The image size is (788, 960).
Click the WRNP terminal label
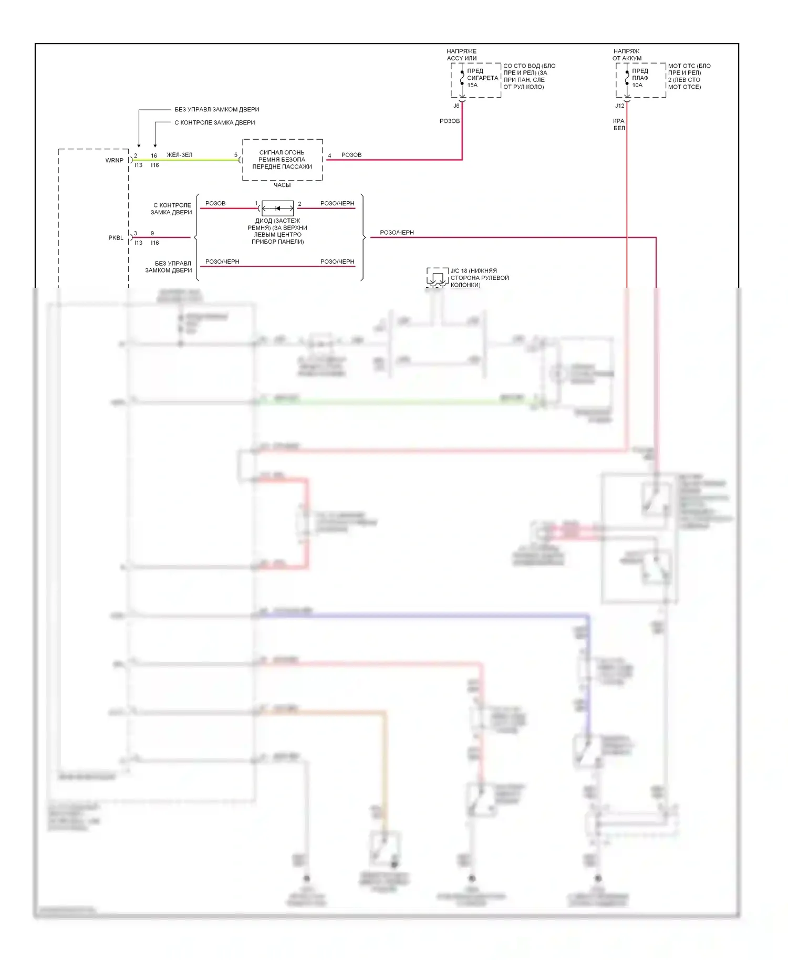114,160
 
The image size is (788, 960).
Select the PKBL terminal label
116,238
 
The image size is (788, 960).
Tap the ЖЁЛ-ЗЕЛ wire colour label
179,155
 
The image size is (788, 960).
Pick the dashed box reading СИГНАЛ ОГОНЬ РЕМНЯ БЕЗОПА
282,160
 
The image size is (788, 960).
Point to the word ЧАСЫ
282,185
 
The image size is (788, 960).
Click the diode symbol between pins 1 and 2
278,208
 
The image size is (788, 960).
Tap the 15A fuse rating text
472,85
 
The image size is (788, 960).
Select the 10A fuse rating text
637,85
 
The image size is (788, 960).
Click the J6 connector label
456,106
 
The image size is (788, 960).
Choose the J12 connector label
620,106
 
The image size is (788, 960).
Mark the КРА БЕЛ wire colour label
619,124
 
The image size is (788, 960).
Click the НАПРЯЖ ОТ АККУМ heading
627,55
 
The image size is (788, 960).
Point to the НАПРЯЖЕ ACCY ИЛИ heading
462,55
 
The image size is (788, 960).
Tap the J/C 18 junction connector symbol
437,278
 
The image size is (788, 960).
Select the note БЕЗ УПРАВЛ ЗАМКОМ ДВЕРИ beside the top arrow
216,110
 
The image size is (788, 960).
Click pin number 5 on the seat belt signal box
236,155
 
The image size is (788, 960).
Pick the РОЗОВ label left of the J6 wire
450,121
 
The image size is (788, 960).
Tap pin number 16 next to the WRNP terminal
154,155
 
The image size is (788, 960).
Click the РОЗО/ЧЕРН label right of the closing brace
397,233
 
